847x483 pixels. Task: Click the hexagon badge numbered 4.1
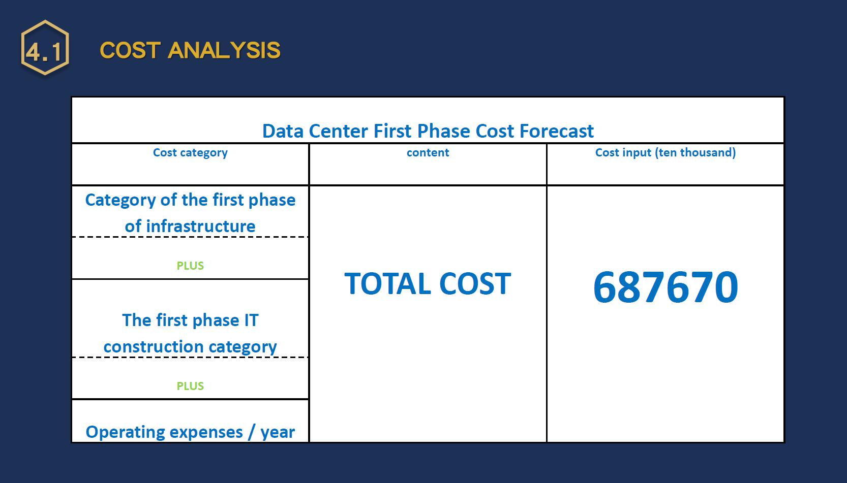click(x=45, y=47)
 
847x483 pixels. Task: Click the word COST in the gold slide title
click(x=130, y=50)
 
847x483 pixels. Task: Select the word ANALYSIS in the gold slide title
click(x=224, y=50)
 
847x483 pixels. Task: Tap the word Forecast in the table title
click(x=557, y=131)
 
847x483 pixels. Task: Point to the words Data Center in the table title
click(x=315, y=131)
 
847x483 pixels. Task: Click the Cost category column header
click(x=190, y=152)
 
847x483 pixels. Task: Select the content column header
click(x=428, y=152)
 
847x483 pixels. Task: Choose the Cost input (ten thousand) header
click(x=665, y=152)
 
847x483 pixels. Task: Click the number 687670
click(x=665, y=287)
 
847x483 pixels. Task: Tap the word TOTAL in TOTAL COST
click(x=387, y=283)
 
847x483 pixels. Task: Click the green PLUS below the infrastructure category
click(x=190, y=266)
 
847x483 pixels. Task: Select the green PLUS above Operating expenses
click(x=190, y=386)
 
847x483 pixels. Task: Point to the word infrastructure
click(x=201, y=226)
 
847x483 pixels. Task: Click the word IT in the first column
click(x=252, y=320)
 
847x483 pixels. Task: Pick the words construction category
click(x=190, y=347)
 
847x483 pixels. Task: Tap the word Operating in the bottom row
click(x=164, y=432)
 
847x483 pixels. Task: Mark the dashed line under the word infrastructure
click(x=190, y=237)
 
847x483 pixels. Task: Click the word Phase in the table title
click(x=444, y=131)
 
